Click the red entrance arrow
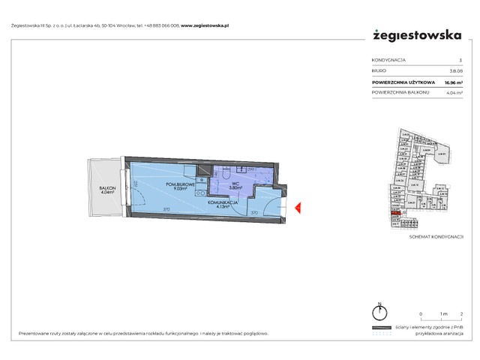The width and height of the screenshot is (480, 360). pyautogui.click(x=297, y=208)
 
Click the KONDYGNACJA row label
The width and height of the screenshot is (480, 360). pyautogui.click(x=390, y=59)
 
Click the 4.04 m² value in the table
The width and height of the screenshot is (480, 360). pyautogui.click(x=452, y=93)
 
